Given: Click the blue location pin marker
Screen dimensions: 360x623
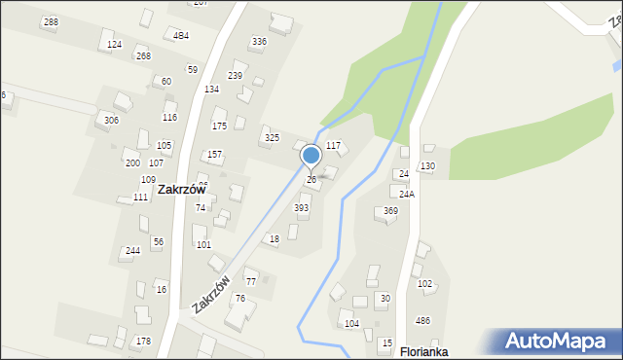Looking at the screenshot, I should [x=311, y=156].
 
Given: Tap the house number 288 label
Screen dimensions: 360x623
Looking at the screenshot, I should [x=51, y=22].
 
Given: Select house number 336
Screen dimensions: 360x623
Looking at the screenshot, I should [x=259, y=42].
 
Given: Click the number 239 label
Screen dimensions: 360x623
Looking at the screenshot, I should [x=236, y=76].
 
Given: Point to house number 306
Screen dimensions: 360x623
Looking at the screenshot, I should [x=112, y=120].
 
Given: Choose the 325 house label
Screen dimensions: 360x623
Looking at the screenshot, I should [x=272, y=138].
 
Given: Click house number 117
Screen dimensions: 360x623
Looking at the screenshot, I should [x=333, y=146].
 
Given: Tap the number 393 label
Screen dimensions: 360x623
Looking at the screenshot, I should [x=302, y=208].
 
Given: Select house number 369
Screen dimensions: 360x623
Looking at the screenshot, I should [x=390, y=211].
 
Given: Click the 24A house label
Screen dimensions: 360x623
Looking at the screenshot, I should [x=406, y=195].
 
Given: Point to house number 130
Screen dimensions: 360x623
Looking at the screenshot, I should [x=427, y=167].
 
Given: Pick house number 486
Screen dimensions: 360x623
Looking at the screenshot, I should [x=423, y=321].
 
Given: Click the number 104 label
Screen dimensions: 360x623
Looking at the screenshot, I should [x=351, y=323].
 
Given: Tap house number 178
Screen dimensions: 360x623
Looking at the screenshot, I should [x=143, y=342].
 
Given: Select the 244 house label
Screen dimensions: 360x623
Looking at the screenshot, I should [x=132, y=251].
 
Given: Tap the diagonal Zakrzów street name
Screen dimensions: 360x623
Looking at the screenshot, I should [x=211, y=293].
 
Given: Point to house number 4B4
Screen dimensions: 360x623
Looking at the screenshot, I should [x=181, y=36].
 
